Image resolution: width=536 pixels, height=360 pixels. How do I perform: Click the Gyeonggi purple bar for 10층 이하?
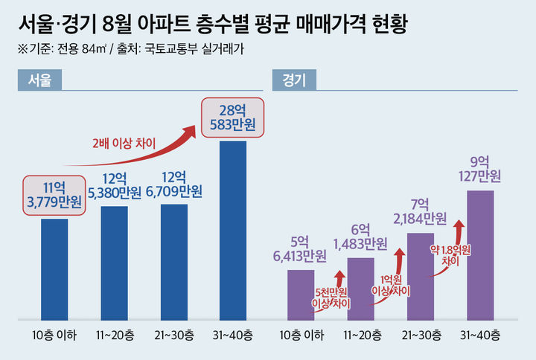[301, 295]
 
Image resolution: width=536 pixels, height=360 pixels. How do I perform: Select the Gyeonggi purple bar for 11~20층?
[360, 289]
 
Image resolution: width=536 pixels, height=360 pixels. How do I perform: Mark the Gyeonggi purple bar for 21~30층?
[420, 276]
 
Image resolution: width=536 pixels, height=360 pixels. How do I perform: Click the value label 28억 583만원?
[232, 118]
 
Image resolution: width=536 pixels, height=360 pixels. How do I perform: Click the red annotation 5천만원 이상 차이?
[331, 298]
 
